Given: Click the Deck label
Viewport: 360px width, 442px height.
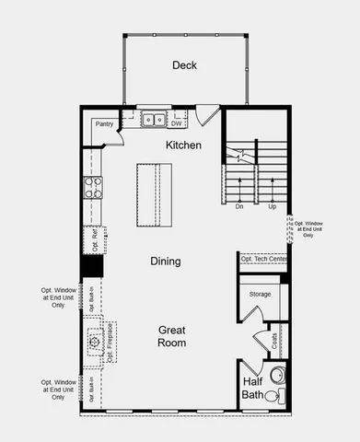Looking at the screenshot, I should (184, 65).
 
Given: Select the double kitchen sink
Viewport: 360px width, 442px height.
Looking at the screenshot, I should (153, 119).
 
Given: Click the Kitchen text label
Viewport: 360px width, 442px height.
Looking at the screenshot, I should (183, 145).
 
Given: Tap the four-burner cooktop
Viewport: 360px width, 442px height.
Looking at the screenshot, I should (94, 188).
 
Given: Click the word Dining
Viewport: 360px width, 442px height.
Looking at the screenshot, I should (166, 262).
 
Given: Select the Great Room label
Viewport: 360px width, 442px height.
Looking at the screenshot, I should (171, 336).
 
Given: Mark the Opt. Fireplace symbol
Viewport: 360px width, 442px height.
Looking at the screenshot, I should (96, 343).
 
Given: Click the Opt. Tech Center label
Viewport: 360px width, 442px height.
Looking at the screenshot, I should (263, 260).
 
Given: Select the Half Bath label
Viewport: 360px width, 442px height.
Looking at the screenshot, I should (252, 388).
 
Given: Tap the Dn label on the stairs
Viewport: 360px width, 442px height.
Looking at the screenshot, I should (239, 206).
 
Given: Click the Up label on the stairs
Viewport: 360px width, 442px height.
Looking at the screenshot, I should (273, 206).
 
